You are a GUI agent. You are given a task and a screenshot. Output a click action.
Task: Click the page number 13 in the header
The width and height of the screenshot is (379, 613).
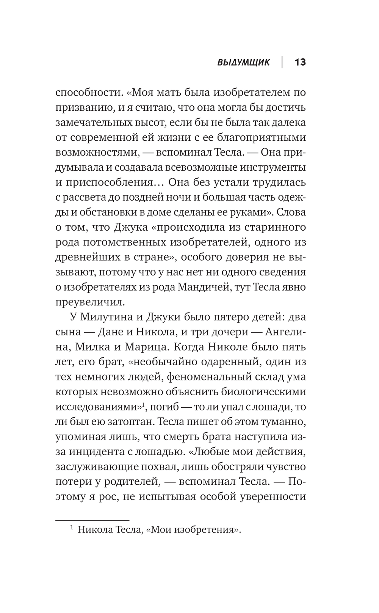point(300,62)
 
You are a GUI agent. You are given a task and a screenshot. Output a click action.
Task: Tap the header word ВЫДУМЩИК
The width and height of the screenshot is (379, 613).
point(243,63)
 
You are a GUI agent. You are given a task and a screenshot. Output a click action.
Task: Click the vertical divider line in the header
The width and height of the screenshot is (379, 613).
point(282,62)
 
